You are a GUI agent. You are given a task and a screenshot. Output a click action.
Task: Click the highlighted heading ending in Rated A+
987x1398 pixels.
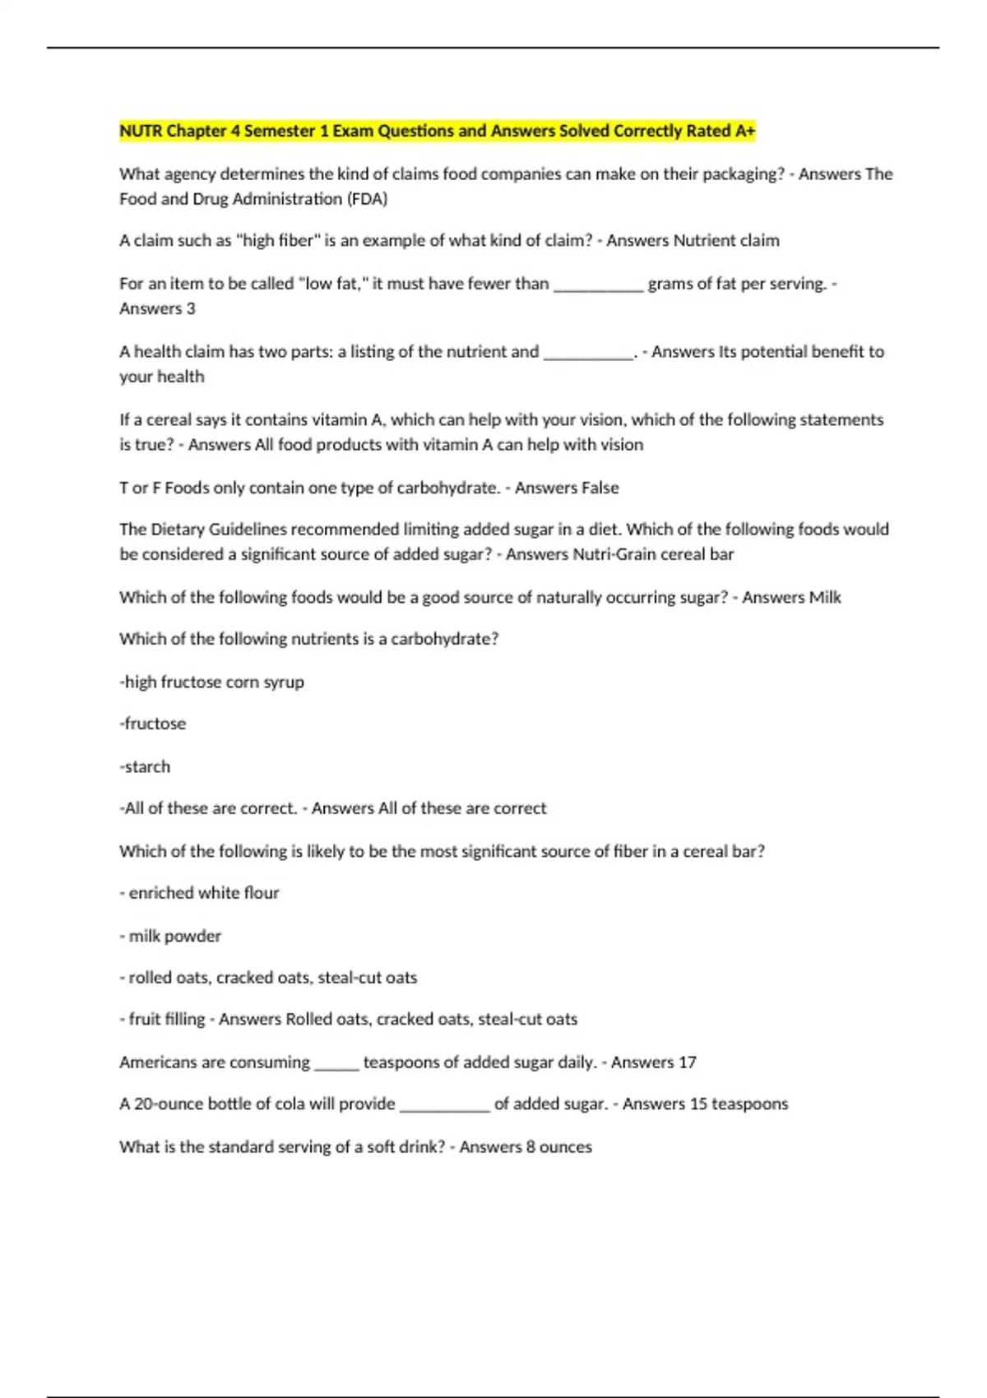[437, 131]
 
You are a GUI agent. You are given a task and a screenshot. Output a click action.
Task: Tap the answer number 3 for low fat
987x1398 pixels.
[191, 308]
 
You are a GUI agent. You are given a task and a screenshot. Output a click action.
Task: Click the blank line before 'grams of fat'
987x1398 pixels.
[598, 285]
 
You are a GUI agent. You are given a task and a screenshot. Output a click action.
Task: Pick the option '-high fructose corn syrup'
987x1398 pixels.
[212, 682]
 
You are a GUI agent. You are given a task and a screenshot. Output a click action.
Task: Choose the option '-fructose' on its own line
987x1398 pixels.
[153, 724]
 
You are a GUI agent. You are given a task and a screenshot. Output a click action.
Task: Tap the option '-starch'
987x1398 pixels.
[145, 766]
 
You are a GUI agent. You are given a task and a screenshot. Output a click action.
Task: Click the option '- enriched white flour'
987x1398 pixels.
[199, 893]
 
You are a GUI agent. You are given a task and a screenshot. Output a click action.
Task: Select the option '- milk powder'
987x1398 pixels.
[170, 936]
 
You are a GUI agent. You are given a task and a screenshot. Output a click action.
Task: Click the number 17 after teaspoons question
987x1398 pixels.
[687, 1062]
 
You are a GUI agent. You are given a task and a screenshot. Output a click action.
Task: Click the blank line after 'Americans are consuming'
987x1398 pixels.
[336, 1064]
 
